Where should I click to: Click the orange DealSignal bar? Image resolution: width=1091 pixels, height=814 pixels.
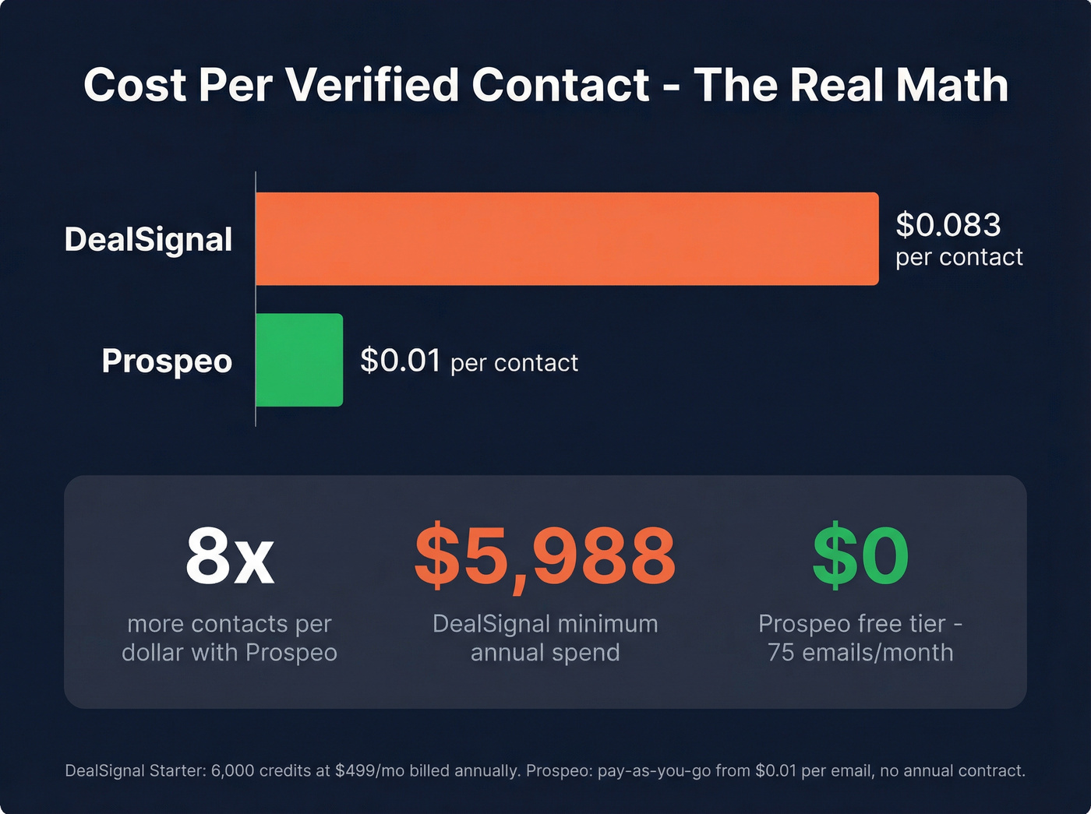[567, 238]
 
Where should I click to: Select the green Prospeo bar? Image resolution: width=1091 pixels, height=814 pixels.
[299, 360]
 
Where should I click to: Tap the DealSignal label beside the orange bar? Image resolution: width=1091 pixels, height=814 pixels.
[148, 239]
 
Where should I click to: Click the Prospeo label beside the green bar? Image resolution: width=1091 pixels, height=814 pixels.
[167, 361]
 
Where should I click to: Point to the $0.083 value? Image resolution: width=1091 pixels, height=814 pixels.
[948, 225]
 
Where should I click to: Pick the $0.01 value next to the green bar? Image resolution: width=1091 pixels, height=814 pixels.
[401, 361]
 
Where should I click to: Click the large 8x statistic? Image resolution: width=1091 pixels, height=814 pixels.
[229, 556]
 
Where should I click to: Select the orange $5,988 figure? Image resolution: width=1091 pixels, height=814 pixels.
[545, 556]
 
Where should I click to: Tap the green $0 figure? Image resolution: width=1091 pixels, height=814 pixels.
[860, 556]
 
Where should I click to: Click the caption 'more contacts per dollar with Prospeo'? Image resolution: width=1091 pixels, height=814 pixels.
[229, 638]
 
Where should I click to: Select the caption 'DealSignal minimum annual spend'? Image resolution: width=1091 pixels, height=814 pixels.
[545, 638]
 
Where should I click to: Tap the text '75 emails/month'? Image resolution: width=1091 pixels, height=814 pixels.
[860, 653]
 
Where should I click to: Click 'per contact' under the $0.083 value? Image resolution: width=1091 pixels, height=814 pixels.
[959, 257]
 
